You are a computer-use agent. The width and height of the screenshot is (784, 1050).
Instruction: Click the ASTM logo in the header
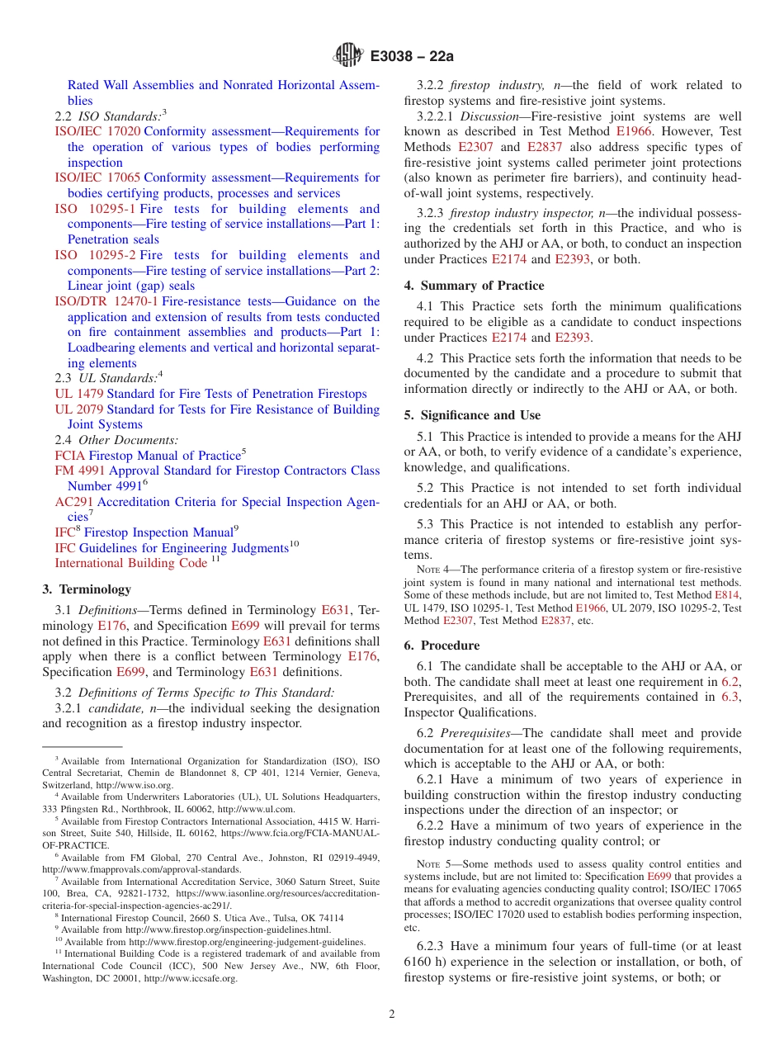click(x=347, y=56)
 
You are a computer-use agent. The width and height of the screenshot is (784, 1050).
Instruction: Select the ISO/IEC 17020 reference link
click(x=97, y=131)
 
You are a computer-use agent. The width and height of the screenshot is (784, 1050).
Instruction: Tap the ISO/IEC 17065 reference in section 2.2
click(x=97, y=177)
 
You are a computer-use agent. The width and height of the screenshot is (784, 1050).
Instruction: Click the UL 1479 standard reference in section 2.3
click(x=78, y=394)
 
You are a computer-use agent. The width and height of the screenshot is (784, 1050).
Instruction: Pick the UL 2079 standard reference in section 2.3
click(x=78, y=409)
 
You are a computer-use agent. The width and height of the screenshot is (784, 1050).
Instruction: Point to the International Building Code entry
click(x=130, y=563)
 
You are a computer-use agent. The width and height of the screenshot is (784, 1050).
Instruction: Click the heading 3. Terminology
click(x=87, y=589)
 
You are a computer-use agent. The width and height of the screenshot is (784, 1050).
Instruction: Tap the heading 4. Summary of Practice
click(x=474, y=286)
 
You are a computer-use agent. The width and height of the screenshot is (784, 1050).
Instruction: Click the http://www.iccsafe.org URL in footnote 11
click(x=191, y=978)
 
